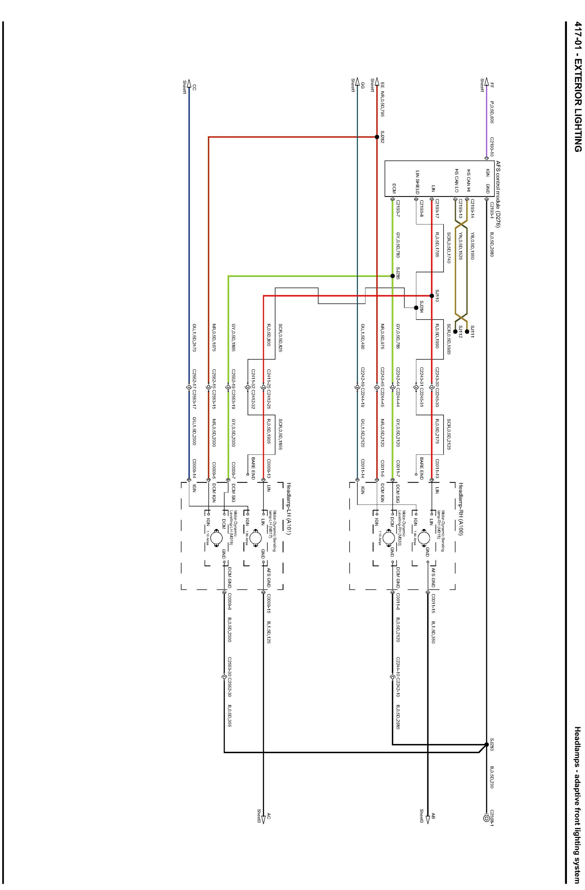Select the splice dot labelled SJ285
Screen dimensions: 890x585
pyautogui.click(x=392, y=276)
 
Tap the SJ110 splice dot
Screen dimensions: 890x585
pyautogui.click(x=432, y=296)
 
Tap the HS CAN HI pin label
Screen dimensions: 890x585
pyautogui.click(x=468, y=174)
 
